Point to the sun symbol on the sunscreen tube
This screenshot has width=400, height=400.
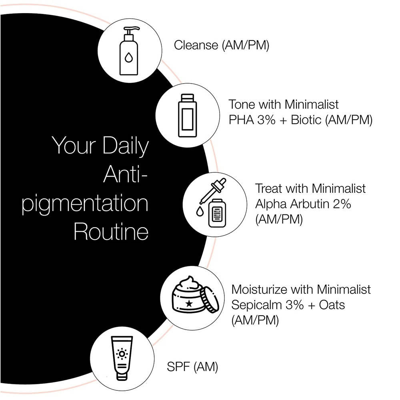[122, 354]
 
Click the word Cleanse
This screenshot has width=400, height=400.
[196, 45]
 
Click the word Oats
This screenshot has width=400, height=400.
[332, 305]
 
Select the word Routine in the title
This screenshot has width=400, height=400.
[111, 232]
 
